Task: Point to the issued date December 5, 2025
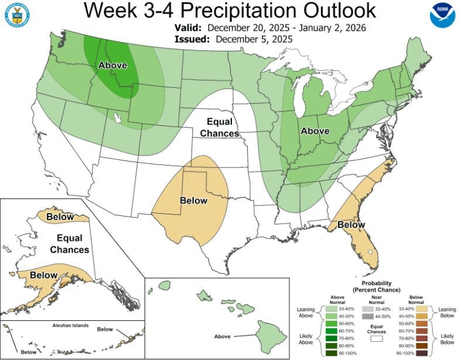[254, 39]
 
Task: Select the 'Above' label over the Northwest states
[112, 65]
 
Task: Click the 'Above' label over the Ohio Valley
[315, 131]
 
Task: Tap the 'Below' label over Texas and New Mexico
[193, 201]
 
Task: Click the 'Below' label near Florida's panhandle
[351, 225]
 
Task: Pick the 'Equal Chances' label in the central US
[220, 128]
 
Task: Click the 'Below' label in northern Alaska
[60, 217]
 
